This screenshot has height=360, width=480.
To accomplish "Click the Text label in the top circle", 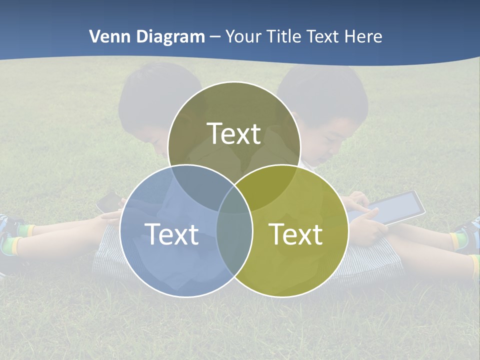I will pyautogui.click(x=234, y=134).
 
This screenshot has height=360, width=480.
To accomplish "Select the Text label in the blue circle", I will pyautogui.click(x=171, y=234).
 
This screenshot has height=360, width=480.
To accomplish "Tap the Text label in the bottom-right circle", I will pyautogui.click(x=296, y=234).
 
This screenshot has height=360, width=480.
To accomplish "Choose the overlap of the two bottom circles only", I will pyautogui.click(x=234, y=245).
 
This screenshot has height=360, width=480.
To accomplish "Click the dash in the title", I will pyautogui.click(x=215, y=37).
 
